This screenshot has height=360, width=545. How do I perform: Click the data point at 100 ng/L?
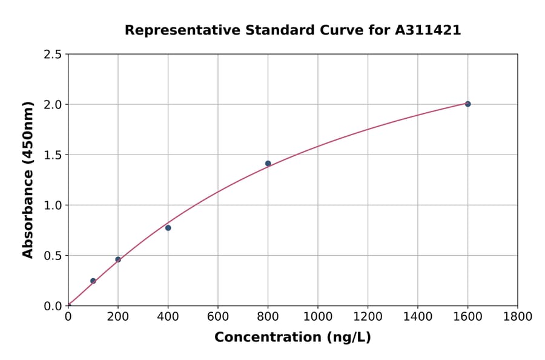tap(93, 281)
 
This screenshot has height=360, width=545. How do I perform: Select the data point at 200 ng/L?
tap(118, 259)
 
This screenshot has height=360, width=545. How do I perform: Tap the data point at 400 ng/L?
tap(168, 228)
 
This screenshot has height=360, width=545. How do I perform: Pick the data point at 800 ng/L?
tap(268, 164)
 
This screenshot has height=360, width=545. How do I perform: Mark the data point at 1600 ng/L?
tap(467, 104)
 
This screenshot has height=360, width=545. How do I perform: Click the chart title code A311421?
tap(429, 30)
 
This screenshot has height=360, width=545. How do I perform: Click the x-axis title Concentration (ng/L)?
tap(292, 337)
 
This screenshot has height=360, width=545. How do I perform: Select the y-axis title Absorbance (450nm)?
tap(28, 180)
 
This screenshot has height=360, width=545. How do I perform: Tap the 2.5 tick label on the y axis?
tap(53, 55)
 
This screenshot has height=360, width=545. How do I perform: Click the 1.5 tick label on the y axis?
tap(53, 155)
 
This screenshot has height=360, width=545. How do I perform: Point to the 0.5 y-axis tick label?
tap(53, 256)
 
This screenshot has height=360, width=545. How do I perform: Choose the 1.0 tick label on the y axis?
tap(53, 205)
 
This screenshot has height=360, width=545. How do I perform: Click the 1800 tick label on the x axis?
tap(518, 316)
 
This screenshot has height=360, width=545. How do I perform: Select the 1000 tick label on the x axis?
tap(318, 316)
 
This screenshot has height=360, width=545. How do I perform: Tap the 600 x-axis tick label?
tap(218, 316)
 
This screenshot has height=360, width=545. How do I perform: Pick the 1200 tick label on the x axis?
tap(368, 316)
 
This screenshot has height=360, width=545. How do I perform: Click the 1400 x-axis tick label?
tap(418, 316)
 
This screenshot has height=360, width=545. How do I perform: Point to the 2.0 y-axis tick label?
tap(53, 105)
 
